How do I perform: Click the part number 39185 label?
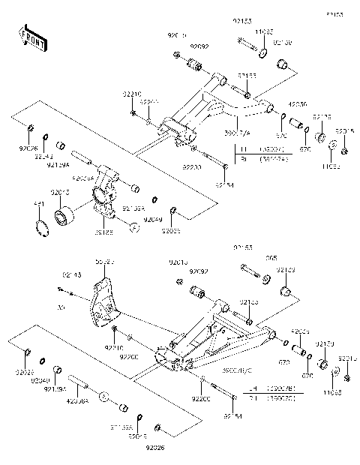pyautogui.click(x=104, y=233)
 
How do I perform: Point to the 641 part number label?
pyautogui.click(x=40, y=203)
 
